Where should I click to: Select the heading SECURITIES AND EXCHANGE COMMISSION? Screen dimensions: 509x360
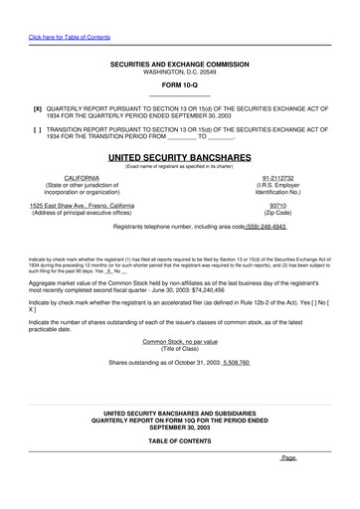tap(179, 65)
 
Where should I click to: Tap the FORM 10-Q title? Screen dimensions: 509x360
tap(179, 86)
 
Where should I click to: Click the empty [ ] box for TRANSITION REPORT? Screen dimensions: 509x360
tap(38, 129)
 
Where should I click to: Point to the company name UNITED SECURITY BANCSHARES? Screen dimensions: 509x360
tap(179, 158)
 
